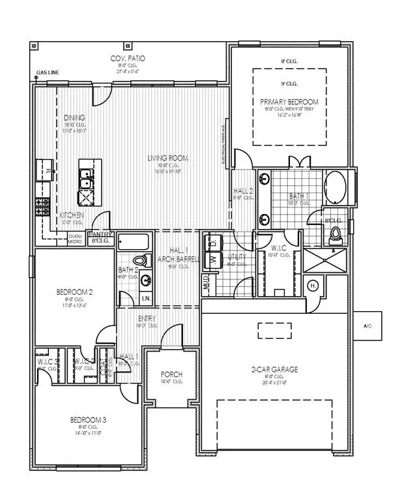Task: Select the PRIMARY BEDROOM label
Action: point(289,102)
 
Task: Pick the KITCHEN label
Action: point(71,215)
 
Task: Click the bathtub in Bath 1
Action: point(336,187)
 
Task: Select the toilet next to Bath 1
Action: point(337,234)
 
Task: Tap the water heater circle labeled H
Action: point(313,285)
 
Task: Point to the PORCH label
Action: point(172,374)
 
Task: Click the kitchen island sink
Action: point(86,175)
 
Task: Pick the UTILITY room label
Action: point(237,258)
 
